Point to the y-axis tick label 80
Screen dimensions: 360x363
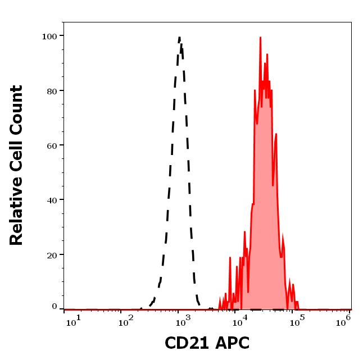pos(52,91)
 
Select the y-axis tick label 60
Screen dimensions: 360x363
pos(52,145)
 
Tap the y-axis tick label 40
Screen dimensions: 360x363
pos(52,200)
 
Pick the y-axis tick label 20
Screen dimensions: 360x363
pos(52,254)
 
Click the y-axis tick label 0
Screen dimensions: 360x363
pos(55,307)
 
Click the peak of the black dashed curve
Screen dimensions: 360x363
pos(179,38)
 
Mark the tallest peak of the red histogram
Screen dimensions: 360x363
pos(260,38)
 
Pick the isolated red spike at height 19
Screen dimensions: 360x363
pos(230,258)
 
